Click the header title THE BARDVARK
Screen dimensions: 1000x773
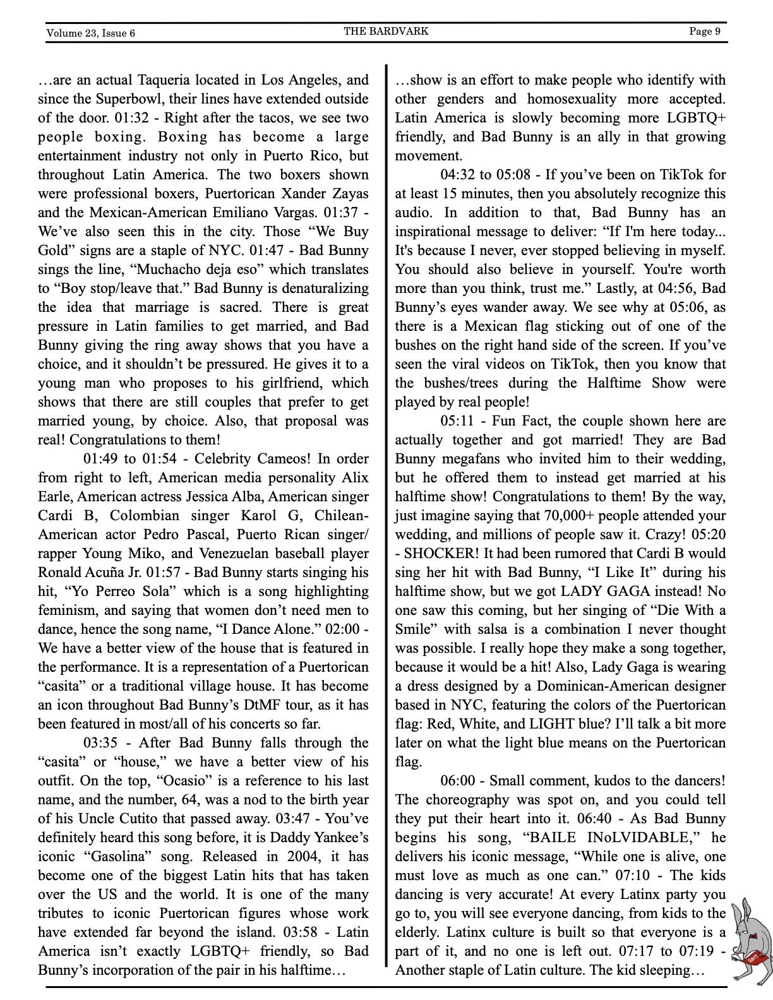(x=386, y=31)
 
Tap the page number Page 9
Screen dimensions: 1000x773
(x=704, y=31)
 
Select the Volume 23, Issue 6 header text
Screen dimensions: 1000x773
(x=90, y=33)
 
